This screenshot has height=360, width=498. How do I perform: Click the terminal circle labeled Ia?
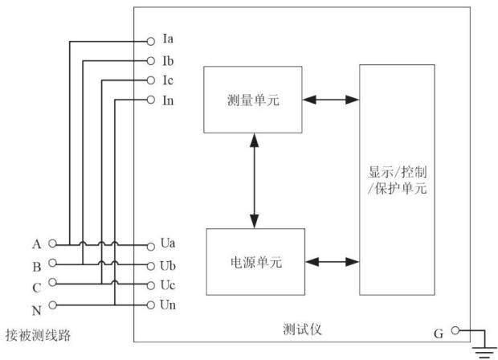click(151, 41)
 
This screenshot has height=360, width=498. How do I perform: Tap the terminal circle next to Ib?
click(151, 61)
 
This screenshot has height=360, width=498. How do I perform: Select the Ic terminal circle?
click(151, 80)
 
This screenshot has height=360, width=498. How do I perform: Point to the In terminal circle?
click(151, 100)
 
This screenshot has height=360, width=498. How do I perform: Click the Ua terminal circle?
click(151, 246)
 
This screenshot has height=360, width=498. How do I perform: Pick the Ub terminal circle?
click(151, 266)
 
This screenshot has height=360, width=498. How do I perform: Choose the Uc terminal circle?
click(151, 285)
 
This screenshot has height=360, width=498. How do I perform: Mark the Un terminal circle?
click(151, 305)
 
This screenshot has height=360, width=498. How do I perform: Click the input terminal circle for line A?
click(53, 243)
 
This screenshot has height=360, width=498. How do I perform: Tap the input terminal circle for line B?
click(53, 263)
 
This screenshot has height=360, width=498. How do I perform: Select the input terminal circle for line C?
click(53, 282)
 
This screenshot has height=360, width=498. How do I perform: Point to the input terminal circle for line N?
click(53, 305)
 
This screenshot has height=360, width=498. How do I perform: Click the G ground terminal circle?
click(455, 331)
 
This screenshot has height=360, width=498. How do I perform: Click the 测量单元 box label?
click(253, 100)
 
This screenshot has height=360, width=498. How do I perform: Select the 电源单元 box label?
click(256, 263)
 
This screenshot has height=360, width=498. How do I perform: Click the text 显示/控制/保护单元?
click(398, 180)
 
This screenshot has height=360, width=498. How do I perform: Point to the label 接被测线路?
click(38, 335)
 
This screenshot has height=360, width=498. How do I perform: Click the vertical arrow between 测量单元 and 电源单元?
click(255, 181)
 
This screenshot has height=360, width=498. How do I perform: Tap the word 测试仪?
click(302, 329)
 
